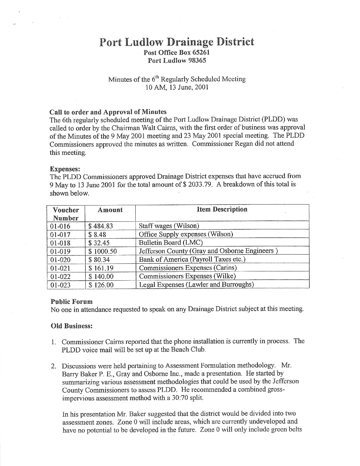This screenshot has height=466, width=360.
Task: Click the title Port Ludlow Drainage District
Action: [177, 42]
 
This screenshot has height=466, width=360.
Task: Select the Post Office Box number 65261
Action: [197, 52]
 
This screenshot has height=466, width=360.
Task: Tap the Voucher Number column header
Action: [66, 214]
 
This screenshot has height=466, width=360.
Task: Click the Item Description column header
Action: [222, 209]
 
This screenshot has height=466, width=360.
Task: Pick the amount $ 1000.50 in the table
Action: [103, 251]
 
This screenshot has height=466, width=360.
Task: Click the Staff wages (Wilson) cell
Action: [169, 226]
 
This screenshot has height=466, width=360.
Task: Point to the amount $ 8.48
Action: [97, 234]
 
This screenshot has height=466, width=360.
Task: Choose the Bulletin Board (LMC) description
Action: [171, 243]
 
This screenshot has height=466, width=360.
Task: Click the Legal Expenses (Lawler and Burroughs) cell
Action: [196, 285]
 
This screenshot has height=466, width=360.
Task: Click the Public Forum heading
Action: [71, 302]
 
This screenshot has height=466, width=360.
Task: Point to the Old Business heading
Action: [71, 326]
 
